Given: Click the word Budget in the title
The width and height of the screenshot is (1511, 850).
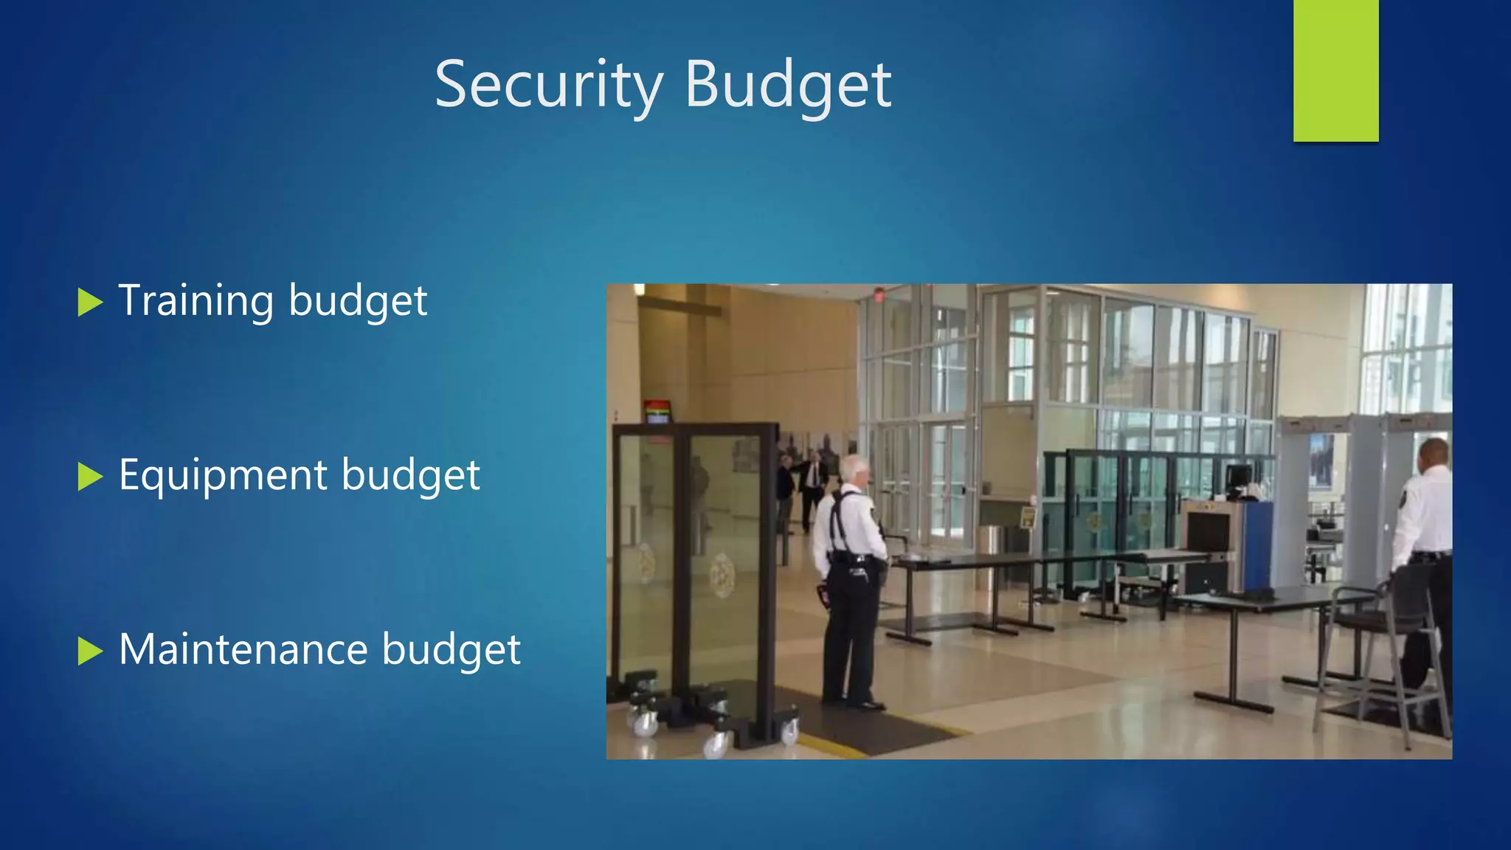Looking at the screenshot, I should click(788, 85).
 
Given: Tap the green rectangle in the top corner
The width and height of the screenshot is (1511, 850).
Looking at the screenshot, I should click(1335, 70).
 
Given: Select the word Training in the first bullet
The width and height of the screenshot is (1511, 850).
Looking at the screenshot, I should click(196, 301).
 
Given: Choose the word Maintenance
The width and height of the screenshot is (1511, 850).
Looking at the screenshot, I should click(243, 649).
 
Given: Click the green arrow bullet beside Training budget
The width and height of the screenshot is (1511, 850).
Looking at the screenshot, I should click(89, 303).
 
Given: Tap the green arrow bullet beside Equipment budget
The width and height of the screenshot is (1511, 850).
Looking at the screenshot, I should click(89, 477).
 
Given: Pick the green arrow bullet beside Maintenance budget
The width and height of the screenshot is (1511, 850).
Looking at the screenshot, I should click(89, 652).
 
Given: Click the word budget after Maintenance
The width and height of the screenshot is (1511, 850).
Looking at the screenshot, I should click(451, 649).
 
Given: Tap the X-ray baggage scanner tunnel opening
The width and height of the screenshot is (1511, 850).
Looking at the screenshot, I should click(1208, 531).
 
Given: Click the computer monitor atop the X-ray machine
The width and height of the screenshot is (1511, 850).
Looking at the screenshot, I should click(1239, 477).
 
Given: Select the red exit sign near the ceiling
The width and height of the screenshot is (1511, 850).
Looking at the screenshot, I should click(879, 294).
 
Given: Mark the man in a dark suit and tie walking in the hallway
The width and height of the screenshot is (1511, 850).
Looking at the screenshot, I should click(814, 483).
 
